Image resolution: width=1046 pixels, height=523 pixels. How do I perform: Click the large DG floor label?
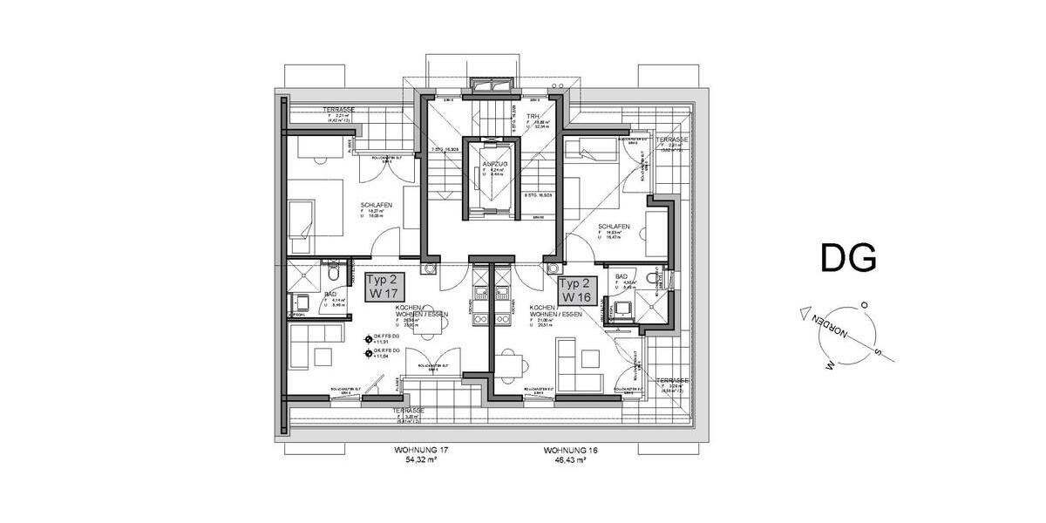click(x=847, y=259)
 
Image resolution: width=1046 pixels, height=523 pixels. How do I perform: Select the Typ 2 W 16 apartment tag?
click(x=575, y=289)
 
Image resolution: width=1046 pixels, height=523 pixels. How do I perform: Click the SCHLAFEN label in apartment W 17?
click(x=376, y=206)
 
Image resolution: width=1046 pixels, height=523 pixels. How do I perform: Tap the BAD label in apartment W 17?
click(x=330, y=295)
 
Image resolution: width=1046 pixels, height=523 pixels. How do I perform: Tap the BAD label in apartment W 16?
click(x=621, y=276)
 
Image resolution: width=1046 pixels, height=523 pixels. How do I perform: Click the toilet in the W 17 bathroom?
click(x=330, y=266)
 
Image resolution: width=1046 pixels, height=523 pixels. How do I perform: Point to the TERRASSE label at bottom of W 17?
click(x=408, y=410)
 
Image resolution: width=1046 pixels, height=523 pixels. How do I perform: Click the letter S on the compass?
click(x=878, y=354)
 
